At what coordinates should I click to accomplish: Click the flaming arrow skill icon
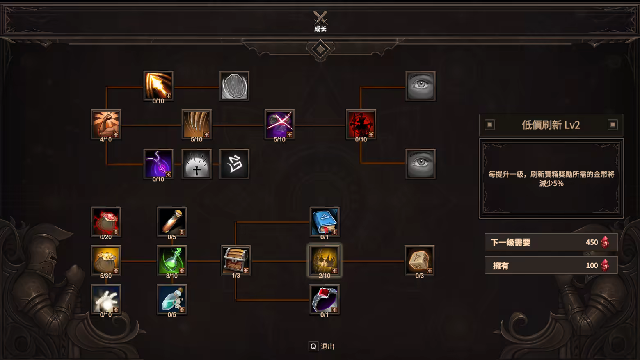(x=158, y=86)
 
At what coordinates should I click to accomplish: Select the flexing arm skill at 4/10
(x=106, y=124)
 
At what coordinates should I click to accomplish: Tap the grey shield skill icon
(x=234, y=86)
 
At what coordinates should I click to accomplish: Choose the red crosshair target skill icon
(x=361, y=124)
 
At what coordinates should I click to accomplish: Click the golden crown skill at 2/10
(x=324, y=260)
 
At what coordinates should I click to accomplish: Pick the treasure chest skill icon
(x=236, y=260)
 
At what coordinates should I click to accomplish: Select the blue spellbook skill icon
(x=324, y=222)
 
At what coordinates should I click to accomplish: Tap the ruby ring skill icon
(x=324, y=299)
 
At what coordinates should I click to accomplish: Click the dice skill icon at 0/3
(x=419, y=260)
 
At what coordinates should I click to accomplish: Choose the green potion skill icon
(x=172, y=260)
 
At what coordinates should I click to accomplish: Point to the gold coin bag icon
(x=106, y=260)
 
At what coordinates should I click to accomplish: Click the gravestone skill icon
(x=197, y=164)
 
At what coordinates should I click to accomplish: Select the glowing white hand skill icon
(x=106, y=299)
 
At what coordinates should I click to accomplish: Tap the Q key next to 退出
(x=313, y=346)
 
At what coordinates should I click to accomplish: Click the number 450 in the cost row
(x=592, y=242)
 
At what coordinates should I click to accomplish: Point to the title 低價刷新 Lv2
(x=551, y=125)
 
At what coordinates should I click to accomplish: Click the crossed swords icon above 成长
(x=320, y=18)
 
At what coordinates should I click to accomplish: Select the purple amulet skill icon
(x=158, y=164)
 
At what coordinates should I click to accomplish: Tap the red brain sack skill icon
(x=106, y=222)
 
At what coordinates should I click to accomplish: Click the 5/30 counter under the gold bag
(x=106, y=276)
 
